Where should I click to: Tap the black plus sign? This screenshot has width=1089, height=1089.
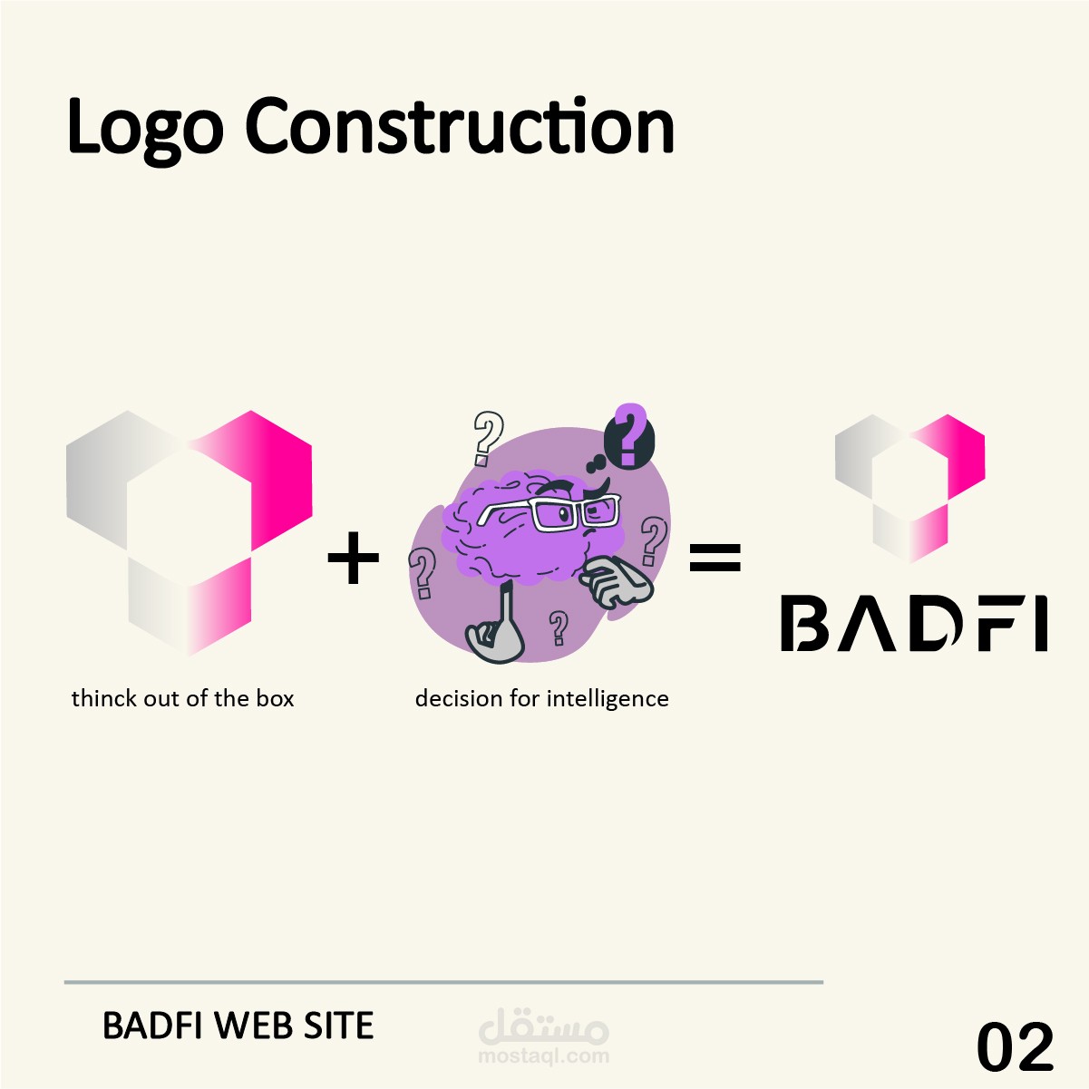coord(354,558)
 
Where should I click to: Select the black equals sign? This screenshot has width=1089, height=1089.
coord(715,558)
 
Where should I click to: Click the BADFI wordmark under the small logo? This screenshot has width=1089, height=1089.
coord(914,625)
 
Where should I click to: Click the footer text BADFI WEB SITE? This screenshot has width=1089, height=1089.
coord(238,1026)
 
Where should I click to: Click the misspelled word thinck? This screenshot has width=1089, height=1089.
coord(104,698)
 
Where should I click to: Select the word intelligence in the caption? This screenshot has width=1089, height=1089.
coord(608,700)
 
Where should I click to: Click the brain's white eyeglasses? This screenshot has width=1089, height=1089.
coord(549,512)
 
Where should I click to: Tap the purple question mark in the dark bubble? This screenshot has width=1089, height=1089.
coord(630,434)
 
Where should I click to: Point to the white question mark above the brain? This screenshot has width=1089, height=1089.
coord(487,438)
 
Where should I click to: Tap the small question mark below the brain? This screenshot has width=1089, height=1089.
coord(559,627)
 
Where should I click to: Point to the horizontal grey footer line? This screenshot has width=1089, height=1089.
coord(443,982)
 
